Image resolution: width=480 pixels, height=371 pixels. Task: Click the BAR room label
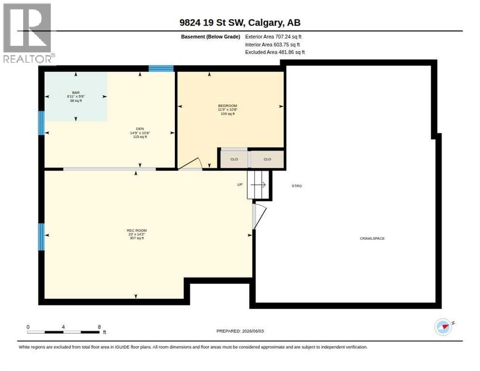[76, 93]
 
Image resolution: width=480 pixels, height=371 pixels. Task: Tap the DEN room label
[140, 129]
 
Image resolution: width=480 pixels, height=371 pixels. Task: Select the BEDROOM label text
[227, 106]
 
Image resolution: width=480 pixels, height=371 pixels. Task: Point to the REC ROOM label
[137, 230]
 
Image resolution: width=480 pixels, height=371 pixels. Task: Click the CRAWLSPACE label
[372, 238]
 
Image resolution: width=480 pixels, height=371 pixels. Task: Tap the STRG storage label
[296, 186]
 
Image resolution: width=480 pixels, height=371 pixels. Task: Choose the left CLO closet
[234, 159]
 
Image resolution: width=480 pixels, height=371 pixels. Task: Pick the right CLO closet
[267, 159]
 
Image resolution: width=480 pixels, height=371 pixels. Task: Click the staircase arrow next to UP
[258, 185]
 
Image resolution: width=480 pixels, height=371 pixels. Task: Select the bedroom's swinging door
[190, 163]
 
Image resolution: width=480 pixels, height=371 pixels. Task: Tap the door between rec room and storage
[259, 216]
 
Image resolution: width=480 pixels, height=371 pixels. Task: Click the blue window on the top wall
[161, 68]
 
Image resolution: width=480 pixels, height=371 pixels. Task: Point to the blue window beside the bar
[42, 123]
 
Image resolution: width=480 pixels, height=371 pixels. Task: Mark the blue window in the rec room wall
[42, 237]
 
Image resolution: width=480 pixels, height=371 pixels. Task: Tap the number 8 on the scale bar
[99, 327]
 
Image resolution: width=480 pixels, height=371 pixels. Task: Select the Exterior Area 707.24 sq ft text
[273, 37]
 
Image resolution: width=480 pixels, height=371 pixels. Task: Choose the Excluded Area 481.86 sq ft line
[275, 52]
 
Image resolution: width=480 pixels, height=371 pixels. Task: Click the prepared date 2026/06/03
[253, 331]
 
